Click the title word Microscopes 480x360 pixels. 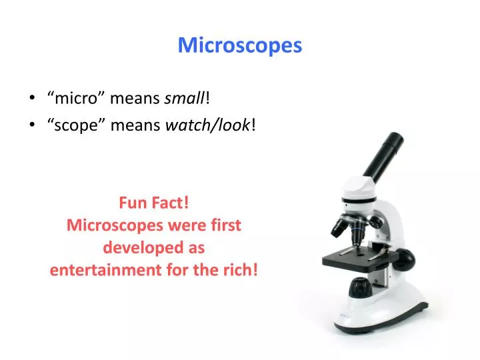(x=239, y=45)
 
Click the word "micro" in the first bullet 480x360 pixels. (x=75, y=99)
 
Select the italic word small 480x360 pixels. (x=185, y=99)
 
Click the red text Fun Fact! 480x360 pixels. (x=153, y=201)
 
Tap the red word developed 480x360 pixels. (x=133, y=247)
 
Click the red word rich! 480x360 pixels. (x=242, y=270)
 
